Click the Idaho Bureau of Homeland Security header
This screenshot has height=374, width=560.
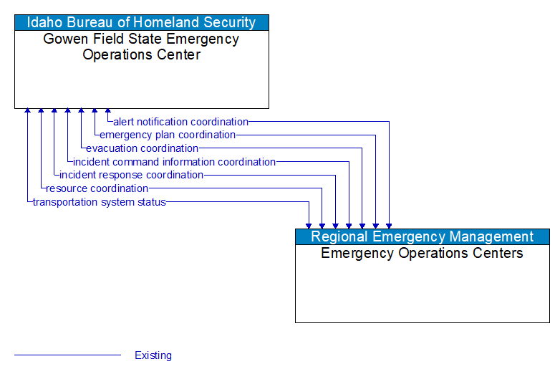pos(142,22)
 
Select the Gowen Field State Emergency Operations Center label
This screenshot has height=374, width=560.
pos(142,47)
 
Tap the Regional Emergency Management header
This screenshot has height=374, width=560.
pos(423,236)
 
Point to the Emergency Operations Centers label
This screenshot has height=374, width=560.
pos(423,253)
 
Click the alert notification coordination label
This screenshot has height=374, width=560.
pos(180,122)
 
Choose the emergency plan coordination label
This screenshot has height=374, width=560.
pos(168,135)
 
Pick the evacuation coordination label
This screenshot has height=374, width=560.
pos(142,148)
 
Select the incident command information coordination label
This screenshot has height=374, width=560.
pos(174,162)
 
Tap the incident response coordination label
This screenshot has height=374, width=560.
pos(131,175)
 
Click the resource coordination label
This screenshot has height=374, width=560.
pos(97,188)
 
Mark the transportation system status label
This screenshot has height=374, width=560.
pos(99,202)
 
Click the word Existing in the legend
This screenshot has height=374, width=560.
pos(153,355)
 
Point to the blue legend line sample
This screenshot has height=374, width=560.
pos(67,355)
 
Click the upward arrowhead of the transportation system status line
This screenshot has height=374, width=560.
pos(27,112)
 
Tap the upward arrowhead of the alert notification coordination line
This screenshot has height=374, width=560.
pos(108,112)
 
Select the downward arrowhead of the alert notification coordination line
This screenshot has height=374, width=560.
pos(389,225)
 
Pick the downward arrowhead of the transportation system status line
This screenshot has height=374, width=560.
pos(309,225)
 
